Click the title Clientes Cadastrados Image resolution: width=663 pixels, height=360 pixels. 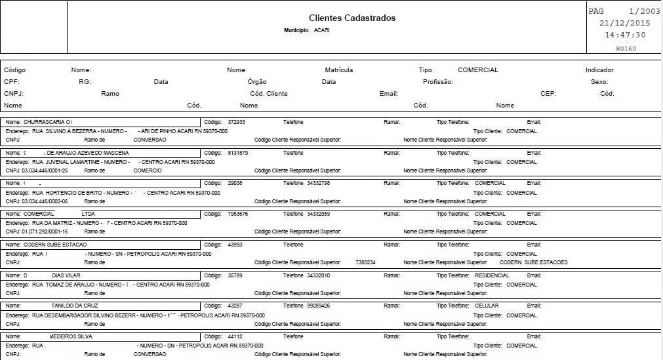(x=352, y=18)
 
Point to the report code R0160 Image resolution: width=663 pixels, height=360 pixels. (x=626, y=48)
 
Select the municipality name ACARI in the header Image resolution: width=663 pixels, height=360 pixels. (x=321, y=31)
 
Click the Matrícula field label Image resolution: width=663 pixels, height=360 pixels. (x=339, y=70)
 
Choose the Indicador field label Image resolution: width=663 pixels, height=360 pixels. (x=599, y=70)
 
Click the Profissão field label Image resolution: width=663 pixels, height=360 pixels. (x=438, y=82)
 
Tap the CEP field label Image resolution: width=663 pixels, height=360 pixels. (x=548, y=94)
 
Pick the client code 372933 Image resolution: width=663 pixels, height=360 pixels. (x=237, y=122)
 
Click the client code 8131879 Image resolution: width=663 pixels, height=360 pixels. (x=238, y=153)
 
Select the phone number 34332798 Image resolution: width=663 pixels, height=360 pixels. (x=318, y=183)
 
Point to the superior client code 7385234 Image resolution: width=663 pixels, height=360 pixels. (x=365, y=262)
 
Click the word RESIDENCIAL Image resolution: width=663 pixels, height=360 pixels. (x=492, y=275)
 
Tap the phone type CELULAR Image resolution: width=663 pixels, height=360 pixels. (x=487, y=306)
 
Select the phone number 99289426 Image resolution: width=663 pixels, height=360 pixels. (x=318, y=306)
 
